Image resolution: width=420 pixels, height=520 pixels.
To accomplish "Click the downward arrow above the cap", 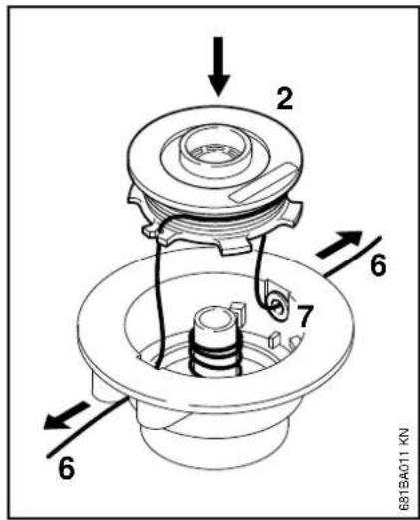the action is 218,67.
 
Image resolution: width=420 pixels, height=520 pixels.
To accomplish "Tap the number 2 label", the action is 285,99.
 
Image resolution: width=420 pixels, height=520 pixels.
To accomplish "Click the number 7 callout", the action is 305,316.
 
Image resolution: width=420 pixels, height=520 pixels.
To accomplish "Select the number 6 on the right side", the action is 378,265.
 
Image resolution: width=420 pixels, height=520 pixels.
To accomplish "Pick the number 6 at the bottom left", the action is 66,468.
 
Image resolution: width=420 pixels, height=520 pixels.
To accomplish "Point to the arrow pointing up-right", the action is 339,244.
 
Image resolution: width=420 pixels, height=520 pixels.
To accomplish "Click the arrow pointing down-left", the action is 67,416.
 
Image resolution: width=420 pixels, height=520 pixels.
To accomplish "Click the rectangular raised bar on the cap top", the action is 264,183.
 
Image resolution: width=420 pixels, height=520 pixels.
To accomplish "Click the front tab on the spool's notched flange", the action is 234,247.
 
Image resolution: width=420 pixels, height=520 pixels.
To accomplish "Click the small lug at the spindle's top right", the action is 239,312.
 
